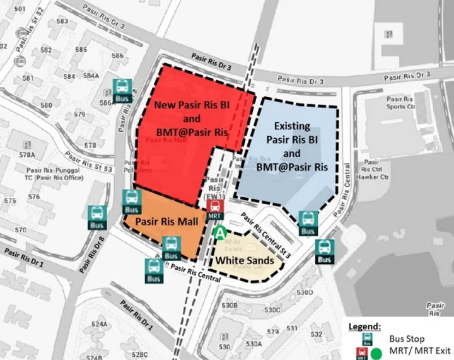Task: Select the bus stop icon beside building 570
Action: (96, 216)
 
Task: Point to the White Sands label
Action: (245, 260)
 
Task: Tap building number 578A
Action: (26, 154)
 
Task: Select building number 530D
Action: (305, 292)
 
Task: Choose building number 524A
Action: (99, 324)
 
